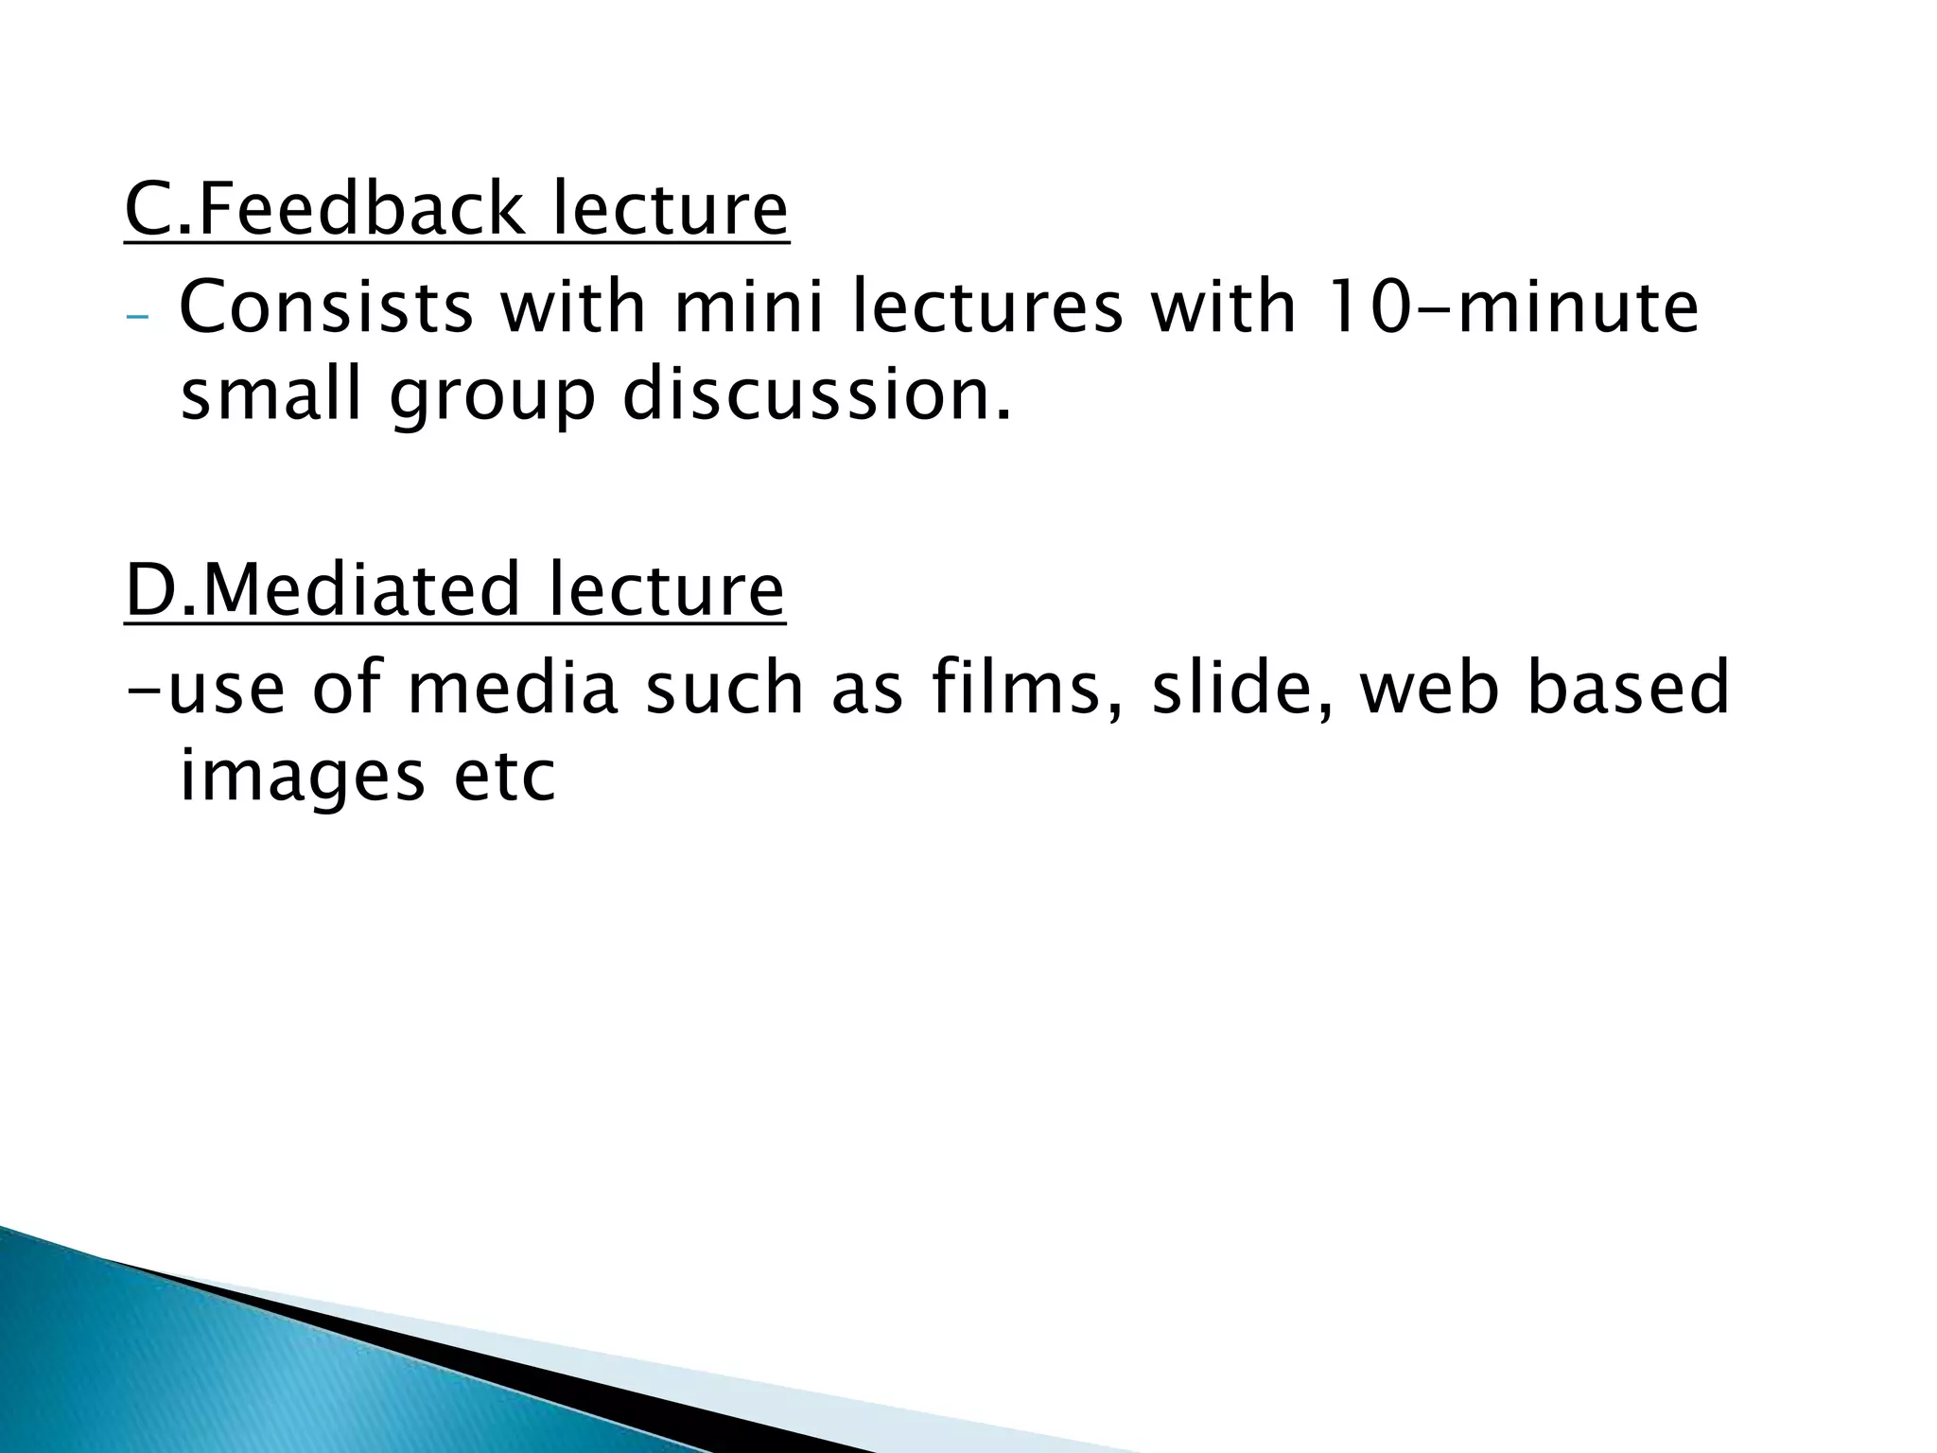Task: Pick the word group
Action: pos(492,398)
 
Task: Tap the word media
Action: pos(512,688)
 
